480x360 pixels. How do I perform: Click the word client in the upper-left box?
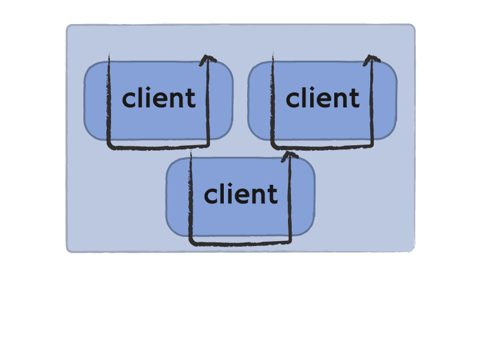158,97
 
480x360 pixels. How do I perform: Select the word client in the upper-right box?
322,97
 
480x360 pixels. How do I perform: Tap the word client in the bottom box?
241,193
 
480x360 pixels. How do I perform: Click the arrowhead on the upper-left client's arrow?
208,59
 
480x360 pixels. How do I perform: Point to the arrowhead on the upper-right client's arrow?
371,59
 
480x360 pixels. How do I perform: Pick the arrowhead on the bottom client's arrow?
290,156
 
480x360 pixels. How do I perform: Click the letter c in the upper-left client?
128,100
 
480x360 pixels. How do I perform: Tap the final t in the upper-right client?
355,98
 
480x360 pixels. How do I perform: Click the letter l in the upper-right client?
304,97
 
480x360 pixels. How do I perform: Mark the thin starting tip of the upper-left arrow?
109,53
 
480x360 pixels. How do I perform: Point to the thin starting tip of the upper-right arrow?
273,53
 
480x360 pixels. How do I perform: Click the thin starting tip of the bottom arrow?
191,151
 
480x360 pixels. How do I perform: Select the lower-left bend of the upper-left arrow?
110,146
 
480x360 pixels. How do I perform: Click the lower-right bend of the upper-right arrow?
371,145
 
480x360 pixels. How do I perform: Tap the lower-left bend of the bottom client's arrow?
192,242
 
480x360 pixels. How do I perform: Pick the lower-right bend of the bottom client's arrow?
289,241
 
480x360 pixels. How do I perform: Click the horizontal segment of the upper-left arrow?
159,148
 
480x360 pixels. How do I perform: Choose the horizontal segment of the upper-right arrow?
323,148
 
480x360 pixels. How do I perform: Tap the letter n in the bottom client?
260,196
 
